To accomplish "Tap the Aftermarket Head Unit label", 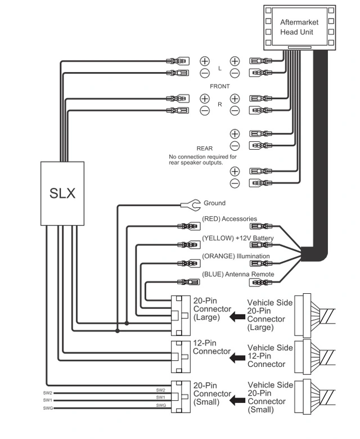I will pos(299,27).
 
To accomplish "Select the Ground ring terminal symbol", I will pos(187,204).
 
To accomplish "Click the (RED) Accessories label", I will pos(229,219).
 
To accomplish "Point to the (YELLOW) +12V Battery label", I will pos(237,238).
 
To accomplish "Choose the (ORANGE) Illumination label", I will pos(236,256).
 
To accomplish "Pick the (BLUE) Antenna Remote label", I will pos(238,275).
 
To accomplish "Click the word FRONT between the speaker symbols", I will pos(219,86).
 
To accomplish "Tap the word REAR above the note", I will pos(204,149).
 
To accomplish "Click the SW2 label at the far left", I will pos(48,393).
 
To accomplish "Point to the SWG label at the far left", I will pos(48,407).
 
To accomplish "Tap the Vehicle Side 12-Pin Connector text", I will pos(270,356).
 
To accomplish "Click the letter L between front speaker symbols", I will pos(220,68).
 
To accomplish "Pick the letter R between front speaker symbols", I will pos(220,105).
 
